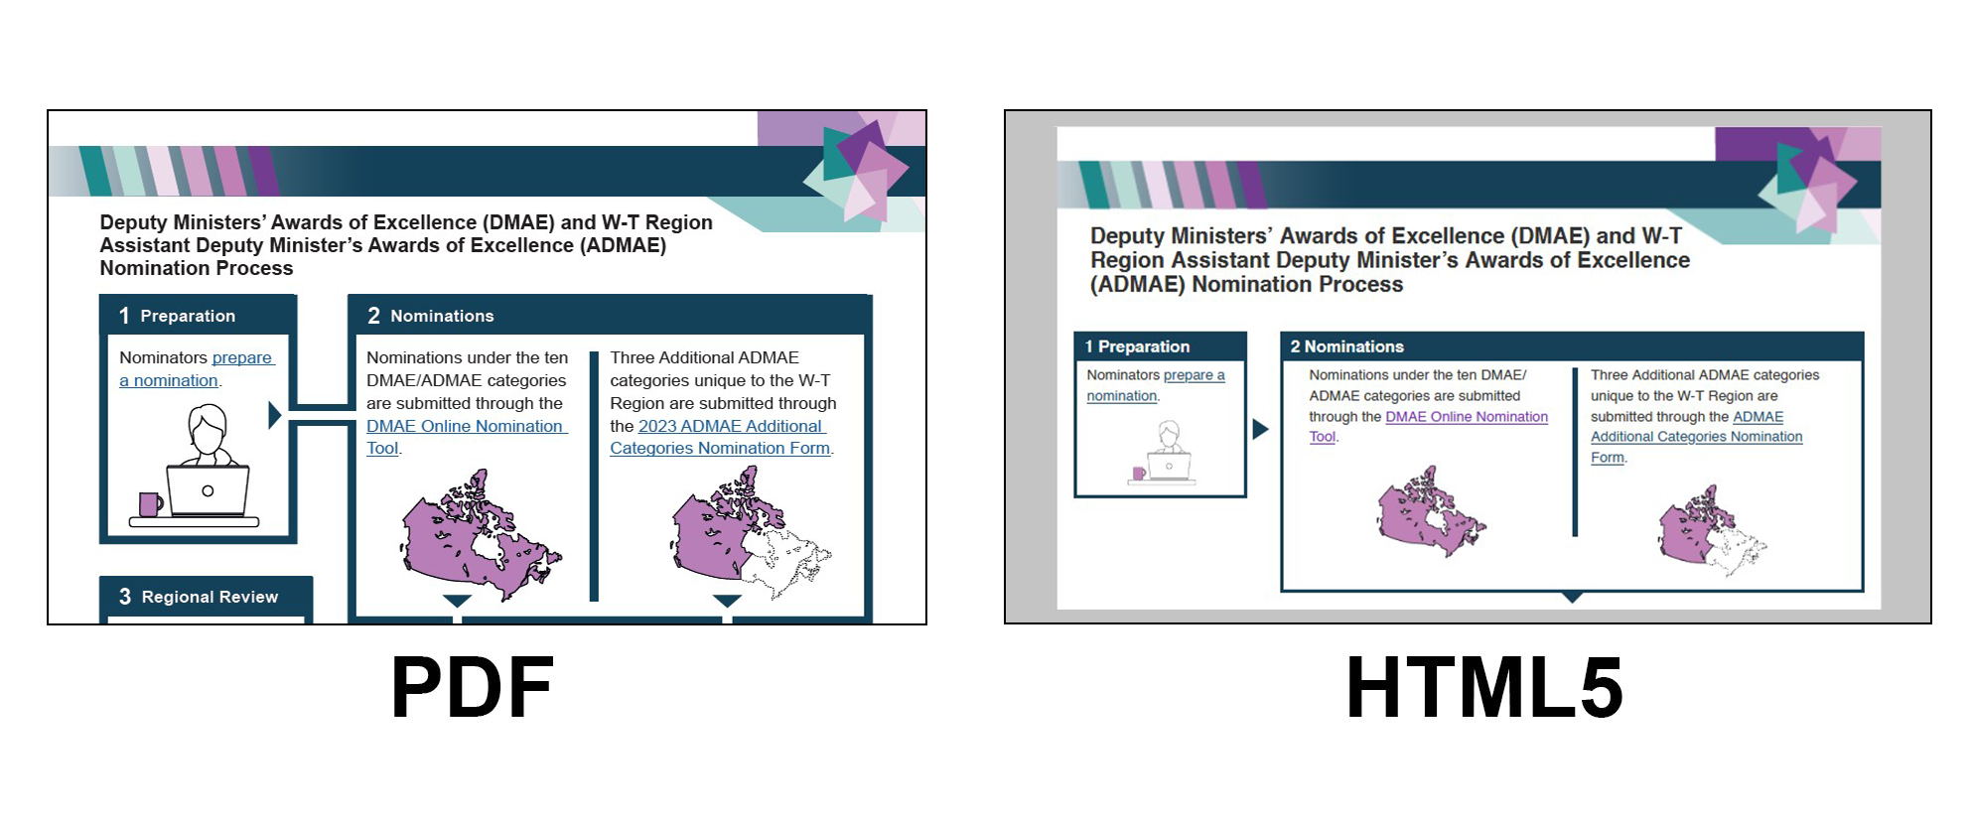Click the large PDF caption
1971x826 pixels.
[473, 687]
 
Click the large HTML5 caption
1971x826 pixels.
[1484, 687]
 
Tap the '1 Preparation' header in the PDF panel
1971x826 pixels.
[178, 316]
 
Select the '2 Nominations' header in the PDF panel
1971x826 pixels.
[431, 316]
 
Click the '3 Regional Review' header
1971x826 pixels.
[199, 597]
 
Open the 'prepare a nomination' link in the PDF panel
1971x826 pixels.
[197, 369]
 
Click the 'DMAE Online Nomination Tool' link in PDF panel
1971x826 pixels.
[467, 437]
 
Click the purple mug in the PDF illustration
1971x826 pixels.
[150, 504]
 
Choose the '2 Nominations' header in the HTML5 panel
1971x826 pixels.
[1346, 346]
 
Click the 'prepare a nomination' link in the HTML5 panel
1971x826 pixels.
[1156, 385]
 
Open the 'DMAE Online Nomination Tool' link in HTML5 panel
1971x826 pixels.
[1428, 427]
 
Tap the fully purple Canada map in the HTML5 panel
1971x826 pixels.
[1430, 511]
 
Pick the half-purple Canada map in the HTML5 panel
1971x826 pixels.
[1712, 530]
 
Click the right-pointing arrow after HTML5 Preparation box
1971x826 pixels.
[1260, 429]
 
